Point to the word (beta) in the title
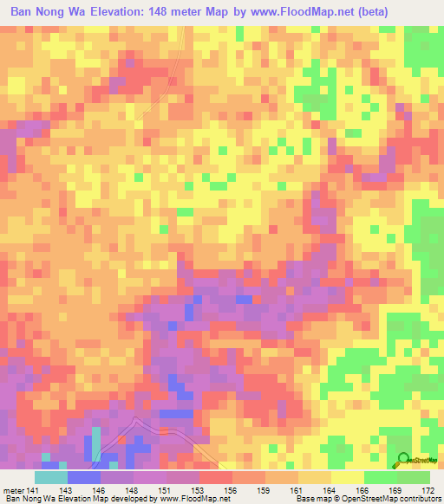pos(370,12)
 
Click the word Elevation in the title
pos(125,12)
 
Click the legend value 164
pos(332,490)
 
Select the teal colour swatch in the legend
pos(50,477)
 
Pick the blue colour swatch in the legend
pos(83,477)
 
